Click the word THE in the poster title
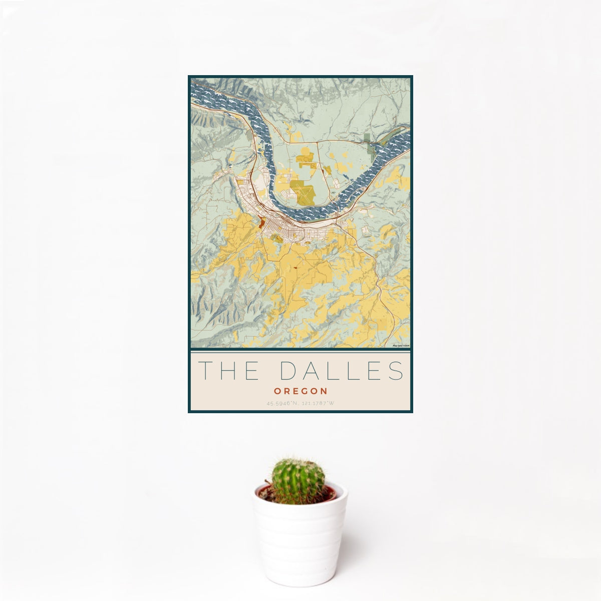(229, 371)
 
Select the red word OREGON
(300, 391)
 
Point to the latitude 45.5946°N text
(282, 403)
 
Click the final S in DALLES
(396, 371)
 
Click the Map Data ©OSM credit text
(401, 346)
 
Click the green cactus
(298, 481)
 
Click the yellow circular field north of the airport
(306, 160)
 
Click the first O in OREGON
(276, 391)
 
